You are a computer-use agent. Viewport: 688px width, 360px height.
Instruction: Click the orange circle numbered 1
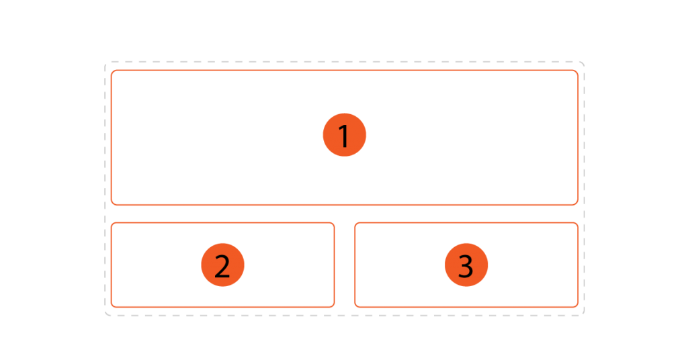point(345,135)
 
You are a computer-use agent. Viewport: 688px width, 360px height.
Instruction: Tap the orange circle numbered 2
point(222,265)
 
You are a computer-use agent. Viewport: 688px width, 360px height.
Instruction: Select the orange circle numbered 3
point(466,265)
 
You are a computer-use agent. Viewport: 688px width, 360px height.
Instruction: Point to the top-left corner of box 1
point(112,70)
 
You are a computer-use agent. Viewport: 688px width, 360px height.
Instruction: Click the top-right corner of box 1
point(578,70)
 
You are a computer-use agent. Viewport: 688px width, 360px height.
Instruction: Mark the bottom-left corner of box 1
point(112,205)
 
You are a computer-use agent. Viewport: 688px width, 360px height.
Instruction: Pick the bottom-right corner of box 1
point(578,205)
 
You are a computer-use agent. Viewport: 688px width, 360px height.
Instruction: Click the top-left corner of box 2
point(112,223)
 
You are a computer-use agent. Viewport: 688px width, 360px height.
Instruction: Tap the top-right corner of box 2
point(335,223)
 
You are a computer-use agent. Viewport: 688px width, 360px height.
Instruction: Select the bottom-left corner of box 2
point(112,307)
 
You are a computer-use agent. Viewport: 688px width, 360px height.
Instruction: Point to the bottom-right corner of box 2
point(335,307)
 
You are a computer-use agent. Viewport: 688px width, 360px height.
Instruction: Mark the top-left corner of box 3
point(355,223)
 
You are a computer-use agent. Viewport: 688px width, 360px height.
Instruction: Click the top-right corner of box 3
point(578,223)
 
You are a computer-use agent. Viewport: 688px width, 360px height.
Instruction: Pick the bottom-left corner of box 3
point(355,307)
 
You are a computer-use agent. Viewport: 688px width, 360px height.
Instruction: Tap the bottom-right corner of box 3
point(578,307)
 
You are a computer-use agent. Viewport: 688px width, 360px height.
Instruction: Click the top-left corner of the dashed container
point(105,62)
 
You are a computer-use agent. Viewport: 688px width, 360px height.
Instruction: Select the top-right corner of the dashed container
point(584,62)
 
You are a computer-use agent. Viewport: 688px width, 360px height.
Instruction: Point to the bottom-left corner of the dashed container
point(105,315)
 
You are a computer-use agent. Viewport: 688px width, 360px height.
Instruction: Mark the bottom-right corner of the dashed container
point(584,315)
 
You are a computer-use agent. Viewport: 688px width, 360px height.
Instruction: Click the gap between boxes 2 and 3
point(345,265)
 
